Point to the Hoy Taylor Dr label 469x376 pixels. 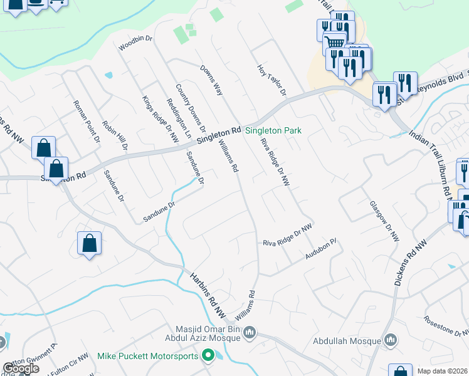click(x=271, y=80)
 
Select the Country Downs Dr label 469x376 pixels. click(x=191, y=108)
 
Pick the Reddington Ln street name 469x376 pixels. click(x=179, y=118)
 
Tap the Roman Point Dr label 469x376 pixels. click(x=87, y=120)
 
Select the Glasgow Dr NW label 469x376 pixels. click(x=384, y=222)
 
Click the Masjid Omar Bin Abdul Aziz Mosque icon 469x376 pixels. click(x=250, y=332)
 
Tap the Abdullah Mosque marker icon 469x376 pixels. click(x=391, y=340)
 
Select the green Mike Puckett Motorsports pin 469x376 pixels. click(x=209, y=356)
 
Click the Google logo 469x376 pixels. click(x=21, y=368)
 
